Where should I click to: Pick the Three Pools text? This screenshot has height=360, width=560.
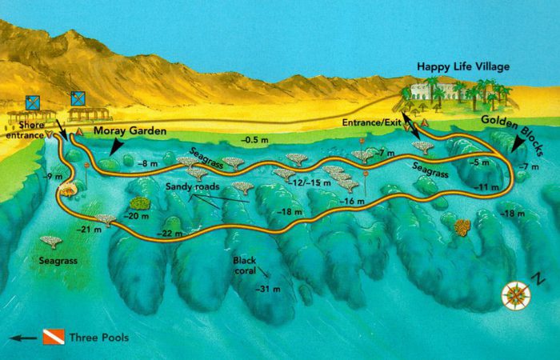[98, 337]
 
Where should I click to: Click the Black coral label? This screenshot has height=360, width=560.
[245, 266]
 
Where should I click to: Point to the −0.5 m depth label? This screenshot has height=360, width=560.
[256, 140]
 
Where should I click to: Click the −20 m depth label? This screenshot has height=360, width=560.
[137, 216]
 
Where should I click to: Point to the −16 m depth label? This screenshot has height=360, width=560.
[351, 202]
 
